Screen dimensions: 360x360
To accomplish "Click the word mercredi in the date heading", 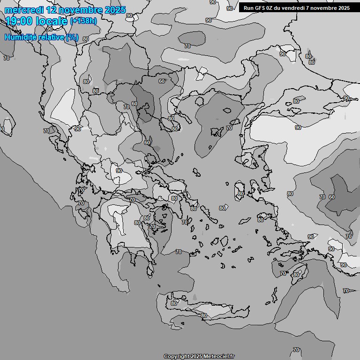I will [23, 10].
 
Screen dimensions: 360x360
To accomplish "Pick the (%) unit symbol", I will [72, 37].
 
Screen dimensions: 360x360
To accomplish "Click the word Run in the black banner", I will [249, 8].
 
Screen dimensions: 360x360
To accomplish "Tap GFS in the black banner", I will [262, 8].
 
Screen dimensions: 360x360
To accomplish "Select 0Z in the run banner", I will [273, 8].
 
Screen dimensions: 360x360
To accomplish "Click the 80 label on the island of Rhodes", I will [296, 274].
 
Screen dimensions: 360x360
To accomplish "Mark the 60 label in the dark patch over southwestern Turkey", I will [331, 197].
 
